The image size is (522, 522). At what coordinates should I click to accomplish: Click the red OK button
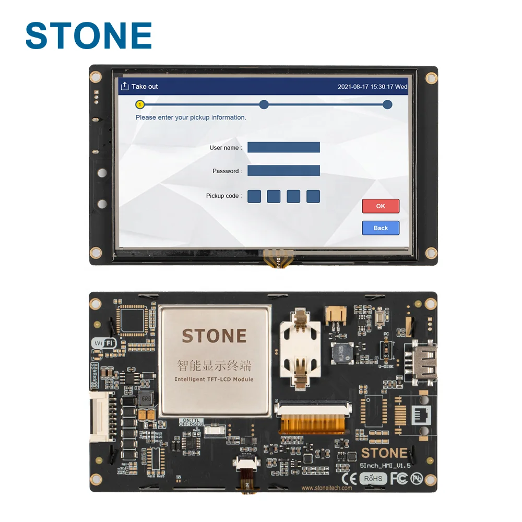pos(381,206)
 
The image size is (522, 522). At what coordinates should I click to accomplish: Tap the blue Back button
pos(381,228)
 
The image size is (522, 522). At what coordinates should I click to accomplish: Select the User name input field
pos(283,147)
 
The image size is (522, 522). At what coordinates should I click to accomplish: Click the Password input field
pos(283,171)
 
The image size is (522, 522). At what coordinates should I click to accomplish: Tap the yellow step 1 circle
pos(140,104)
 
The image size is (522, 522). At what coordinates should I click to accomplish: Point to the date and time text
pos(372,87)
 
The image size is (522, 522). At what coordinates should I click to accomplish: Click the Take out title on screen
pos(144,87)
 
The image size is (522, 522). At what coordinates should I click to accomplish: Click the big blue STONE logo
pos(89,35)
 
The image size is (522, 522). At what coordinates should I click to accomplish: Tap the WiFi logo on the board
pos(103,343)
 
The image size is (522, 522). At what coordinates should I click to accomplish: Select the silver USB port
pos(423,361)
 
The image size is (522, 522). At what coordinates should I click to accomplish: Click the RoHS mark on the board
pos(373,478)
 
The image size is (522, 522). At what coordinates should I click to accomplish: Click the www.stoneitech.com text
pos(327,488)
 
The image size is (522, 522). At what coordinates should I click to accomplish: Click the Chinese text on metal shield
pos(214,365)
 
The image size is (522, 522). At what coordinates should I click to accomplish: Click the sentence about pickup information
pos(191,117)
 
